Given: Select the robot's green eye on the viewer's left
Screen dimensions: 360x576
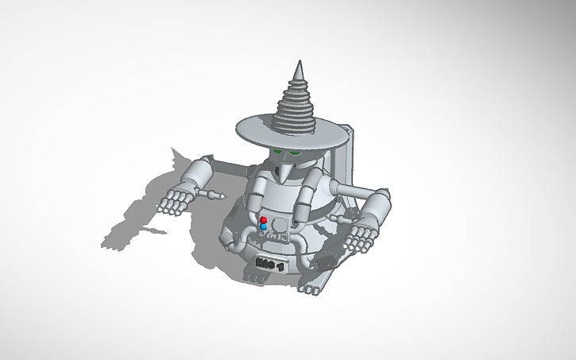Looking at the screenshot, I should [x=277, y=152].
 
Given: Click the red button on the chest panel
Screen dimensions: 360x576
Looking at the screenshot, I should [x=263, y=219].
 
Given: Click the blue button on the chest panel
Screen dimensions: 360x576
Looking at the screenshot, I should [x=263, y=226].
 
